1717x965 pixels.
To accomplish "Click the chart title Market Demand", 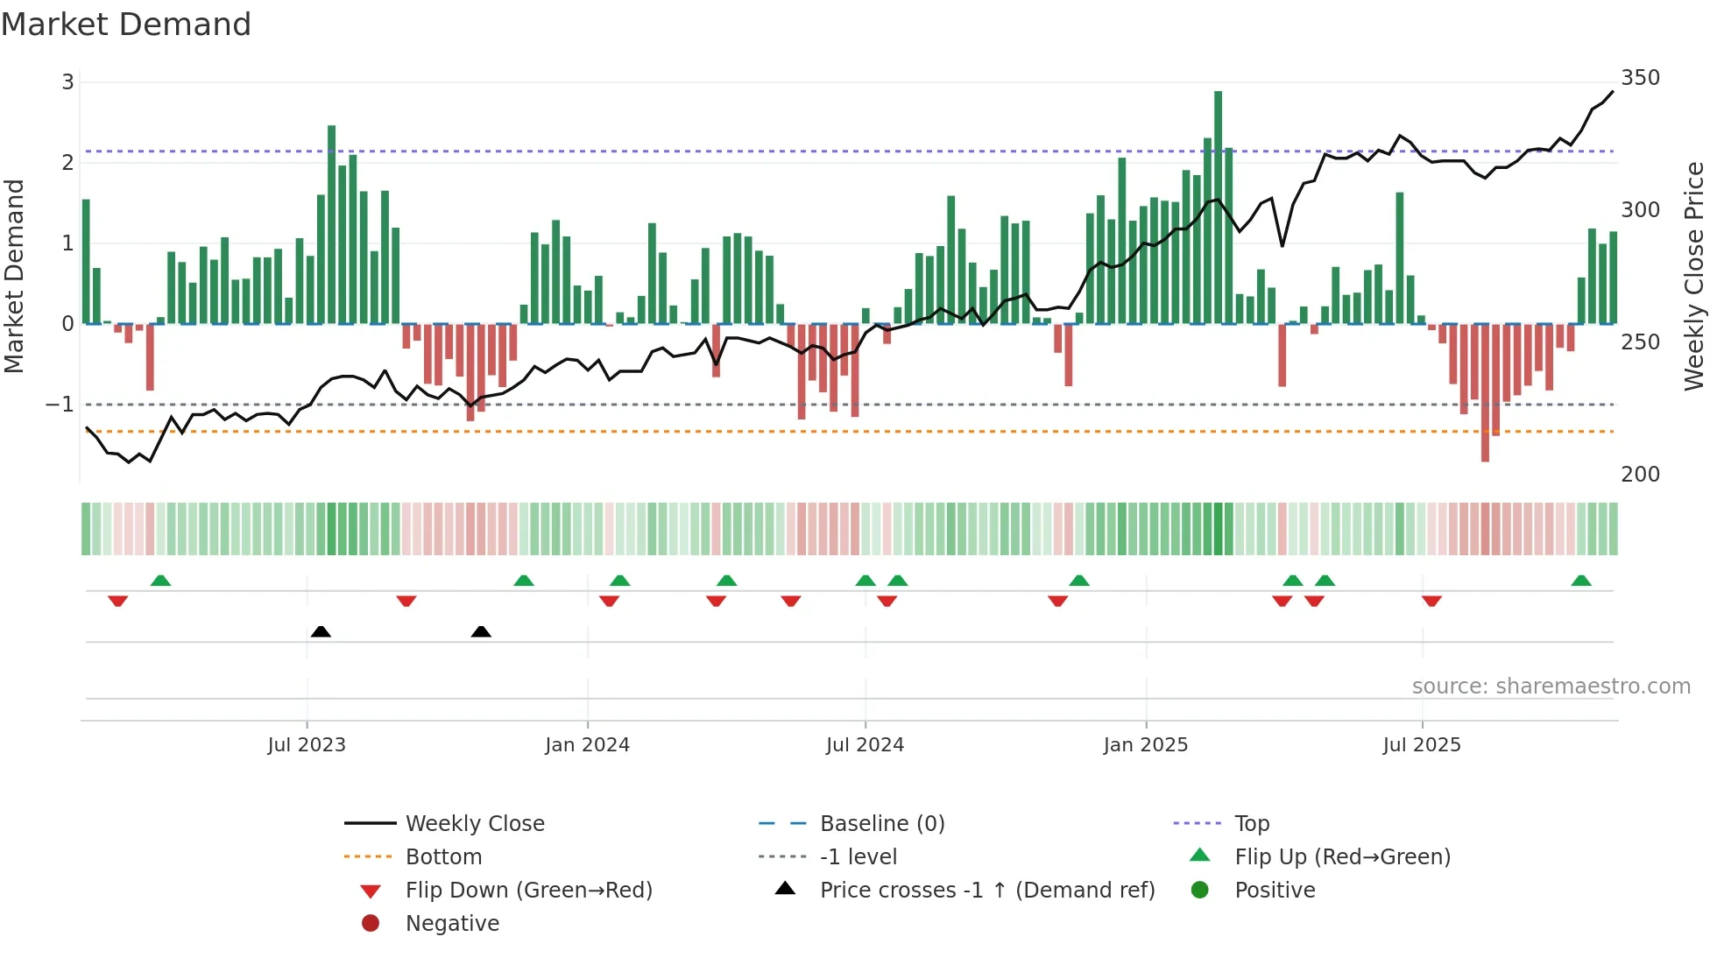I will pyautogui.click(x=126, y=25).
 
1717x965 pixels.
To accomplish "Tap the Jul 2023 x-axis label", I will pyautogui.click(x=307, y=745).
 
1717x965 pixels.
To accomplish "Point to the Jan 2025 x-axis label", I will pyautogui.click(x=1145, y=745).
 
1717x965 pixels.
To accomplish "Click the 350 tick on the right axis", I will pyautogui.click(x=1640, y=78).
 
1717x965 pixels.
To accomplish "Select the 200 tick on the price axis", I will pyautogui.click(x=1640, y=475).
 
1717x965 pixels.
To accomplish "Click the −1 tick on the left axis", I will pyautogui.click(x=60, y=405).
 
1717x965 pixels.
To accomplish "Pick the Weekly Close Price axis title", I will pyautogui.click(x=1694, y=276).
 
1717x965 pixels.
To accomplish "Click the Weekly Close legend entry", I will pyautogui.click(x=474, y=824).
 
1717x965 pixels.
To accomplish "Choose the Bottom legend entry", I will pyautogui.click(x=443, y=857).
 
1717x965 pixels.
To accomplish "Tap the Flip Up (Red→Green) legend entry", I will pyautogui.click(x=1342, y=857).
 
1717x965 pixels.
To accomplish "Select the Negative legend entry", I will pyautogui.click(x=452, y=924).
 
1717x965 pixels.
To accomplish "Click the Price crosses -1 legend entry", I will pyautogui.click(x=986, y=891).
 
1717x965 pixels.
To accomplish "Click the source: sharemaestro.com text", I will pyautogui.click(x=1551, y=687).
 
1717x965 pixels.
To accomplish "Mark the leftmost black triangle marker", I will pyautogui.click(x=321, y=631).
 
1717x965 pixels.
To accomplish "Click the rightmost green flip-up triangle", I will pyautogui.click(x=1580, y=581).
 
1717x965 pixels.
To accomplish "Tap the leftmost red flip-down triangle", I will pyautogui.click(x=118, y=601).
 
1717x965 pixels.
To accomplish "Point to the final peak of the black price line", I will pyautogui.click(x=1612, y=92).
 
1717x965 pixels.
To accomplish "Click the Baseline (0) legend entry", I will pyautogui.click(x=881, y=824).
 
